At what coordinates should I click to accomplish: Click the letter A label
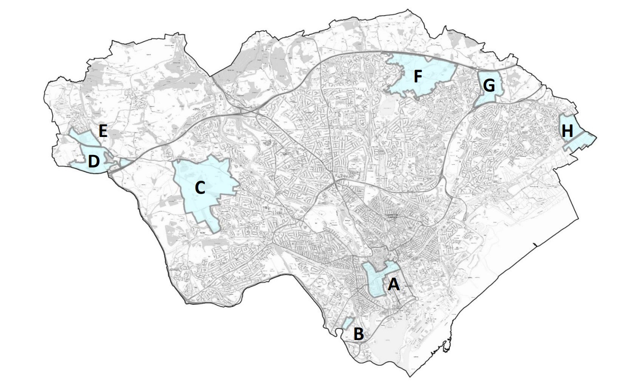click(x=394, y=284)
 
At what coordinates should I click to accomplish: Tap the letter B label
click(x=358, y=334)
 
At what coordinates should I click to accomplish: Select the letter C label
click(x=200, y=188)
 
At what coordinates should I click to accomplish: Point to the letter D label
click(x=94, y=162)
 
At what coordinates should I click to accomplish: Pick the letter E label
click(x=102, y=131)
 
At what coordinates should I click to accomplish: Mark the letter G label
click(x=489, y=86)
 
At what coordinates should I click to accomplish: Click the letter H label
click(x=567, y=131)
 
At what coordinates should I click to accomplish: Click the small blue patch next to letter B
click(x=347, y=323)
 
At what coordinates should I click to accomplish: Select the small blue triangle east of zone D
click(x=124, y=162)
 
